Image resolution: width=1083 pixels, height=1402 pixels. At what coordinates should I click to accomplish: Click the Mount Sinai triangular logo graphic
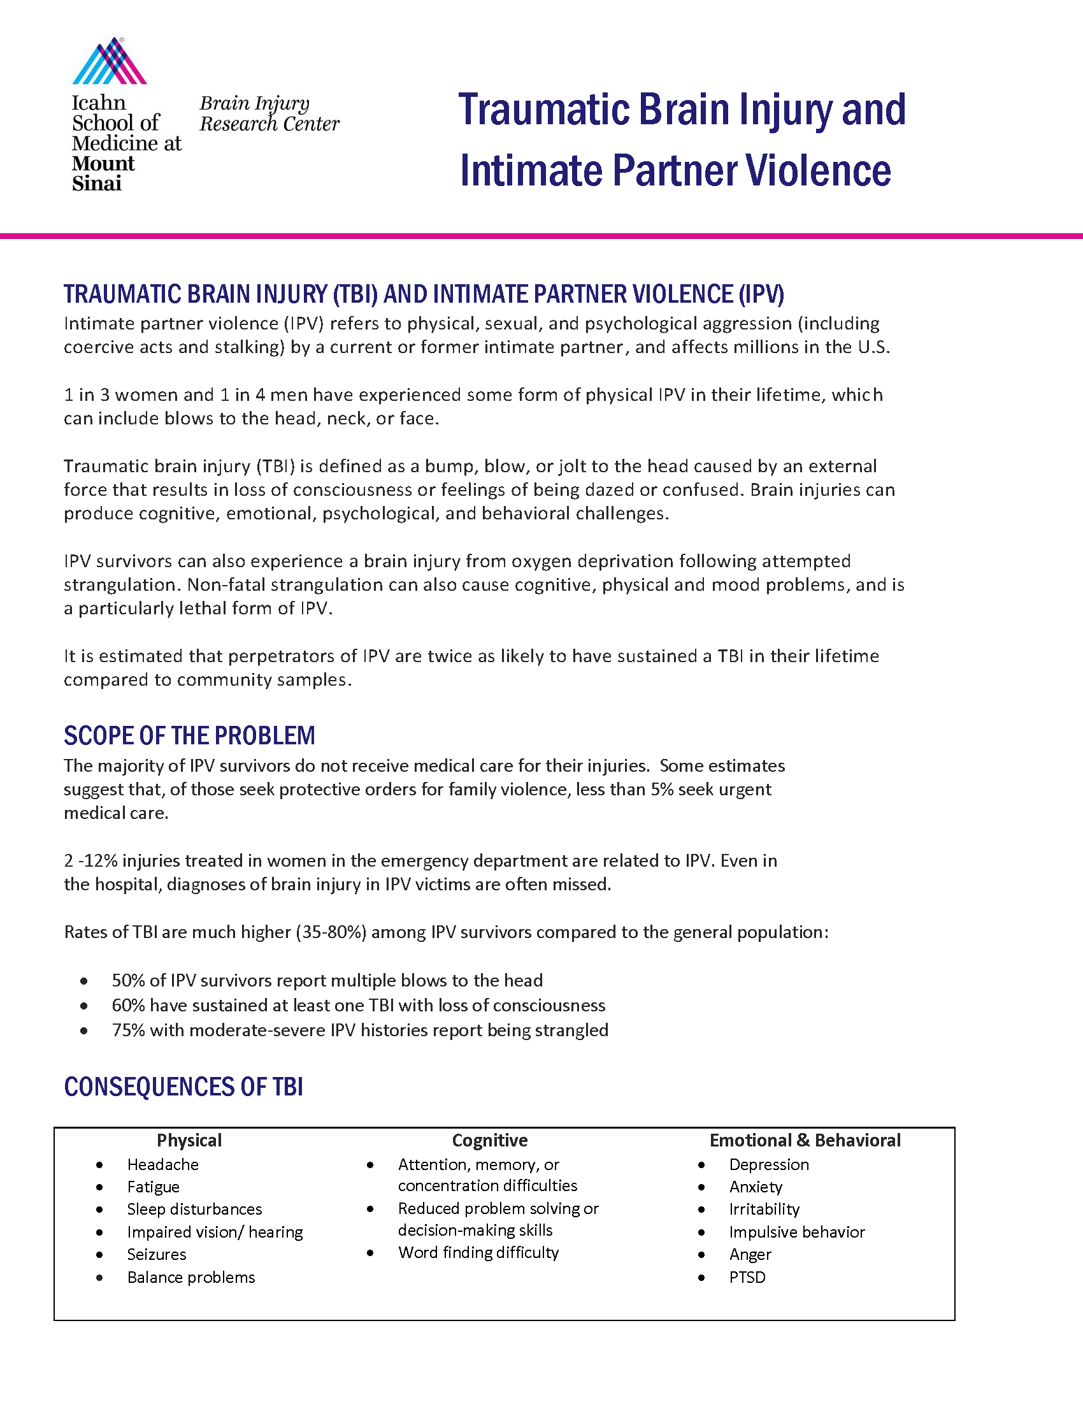pos(110,61)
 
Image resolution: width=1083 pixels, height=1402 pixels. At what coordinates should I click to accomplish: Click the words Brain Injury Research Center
pos(269,113)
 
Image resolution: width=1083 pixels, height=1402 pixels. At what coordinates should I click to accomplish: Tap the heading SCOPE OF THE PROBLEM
pos(189,735)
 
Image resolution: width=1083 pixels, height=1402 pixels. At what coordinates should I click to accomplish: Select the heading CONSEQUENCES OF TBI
pos(183,1087)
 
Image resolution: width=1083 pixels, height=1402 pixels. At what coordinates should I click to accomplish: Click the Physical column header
pos(189,1140)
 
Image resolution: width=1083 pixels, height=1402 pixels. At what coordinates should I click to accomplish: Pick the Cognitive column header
pos(489,1140)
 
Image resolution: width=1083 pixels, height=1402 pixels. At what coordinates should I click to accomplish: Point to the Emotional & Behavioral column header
pos(805,1140)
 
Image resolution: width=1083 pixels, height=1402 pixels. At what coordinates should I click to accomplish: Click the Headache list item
pos(163,1164)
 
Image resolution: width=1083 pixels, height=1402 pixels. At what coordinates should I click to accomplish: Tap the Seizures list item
pos(157,1254)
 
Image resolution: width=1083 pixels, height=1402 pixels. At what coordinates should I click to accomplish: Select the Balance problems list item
pos(191,1278)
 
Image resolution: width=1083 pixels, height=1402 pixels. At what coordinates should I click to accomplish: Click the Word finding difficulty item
pos(478,1252)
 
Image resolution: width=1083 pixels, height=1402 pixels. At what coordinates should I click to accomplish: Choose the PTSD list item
pos(747,1278)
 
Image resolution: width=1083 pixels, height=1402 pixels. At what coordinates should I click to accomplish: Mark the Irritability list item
pos(764,1210)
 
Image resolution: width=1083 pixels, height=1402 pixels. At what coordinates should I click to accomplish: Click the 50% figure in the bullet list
pos(128,981)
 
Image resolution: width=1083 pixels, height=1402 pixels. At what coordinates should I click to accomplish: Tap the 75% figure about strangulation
pos(128,1030)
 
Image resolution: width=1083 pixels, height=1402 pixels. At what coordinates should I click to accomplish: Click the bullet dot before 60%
pos(84,1006)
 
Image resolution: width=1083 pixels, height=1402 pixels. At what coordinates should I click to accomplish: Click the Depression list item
pos(769,1164)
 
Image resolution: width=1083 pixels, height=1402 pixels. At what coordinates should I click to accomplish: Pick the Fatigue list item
pos(154,1187)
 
